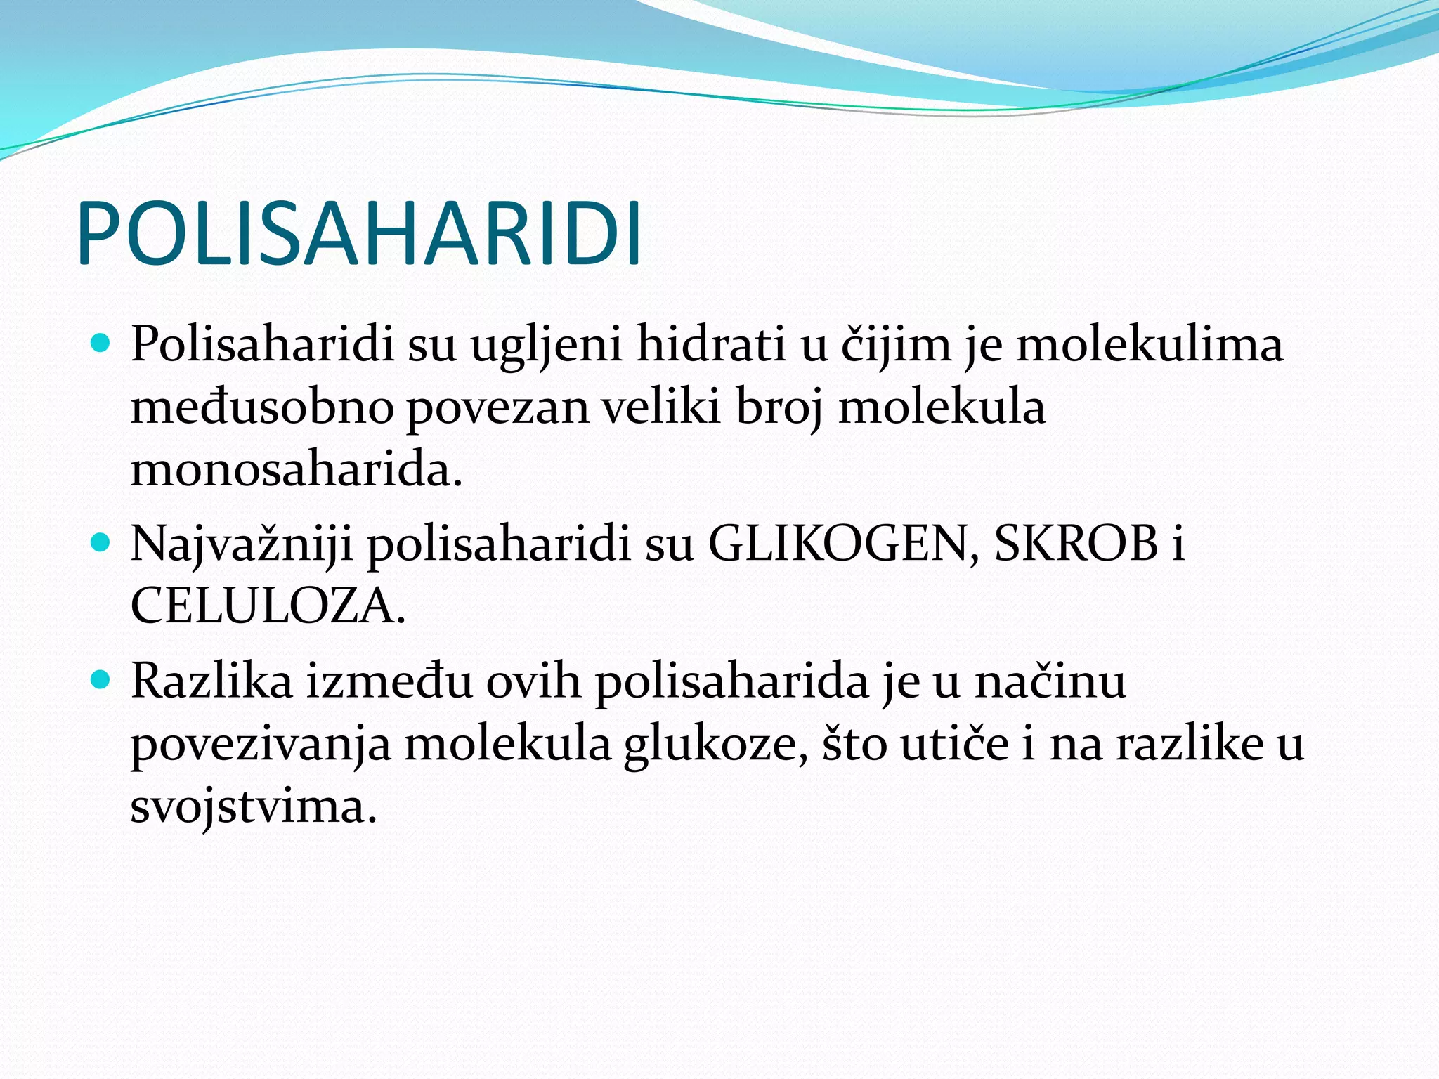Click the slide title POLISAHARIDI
pyautogui.click(x=359, y=234)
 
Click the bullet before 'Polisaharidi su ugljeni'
pyautogui.click(x=102, y=344)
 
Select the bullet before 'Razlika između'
pyautogui.click(x=102, y=679)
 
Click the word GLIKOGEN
pyautogui.click(x=842, y=544)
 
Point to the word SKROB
pyautogui.click(x=1076, y=544)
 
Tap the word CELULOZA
pyautogui.click(x=268, y=606)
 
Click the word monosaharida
pyautogui.click(x=296, y=469)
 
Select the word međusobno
pyautogui.click(x=262, y=407)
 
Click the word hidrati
pyautogui.click(x=710, y=345)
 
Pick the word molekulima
pyautogui.click(x=1150, y=345)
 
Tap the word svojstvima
pyautogui.click(x=254, y=806)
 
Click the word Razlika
pyautogui.click(x=211, y=681)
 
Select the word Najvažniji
pyautogui.click(x=242, y=545)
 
